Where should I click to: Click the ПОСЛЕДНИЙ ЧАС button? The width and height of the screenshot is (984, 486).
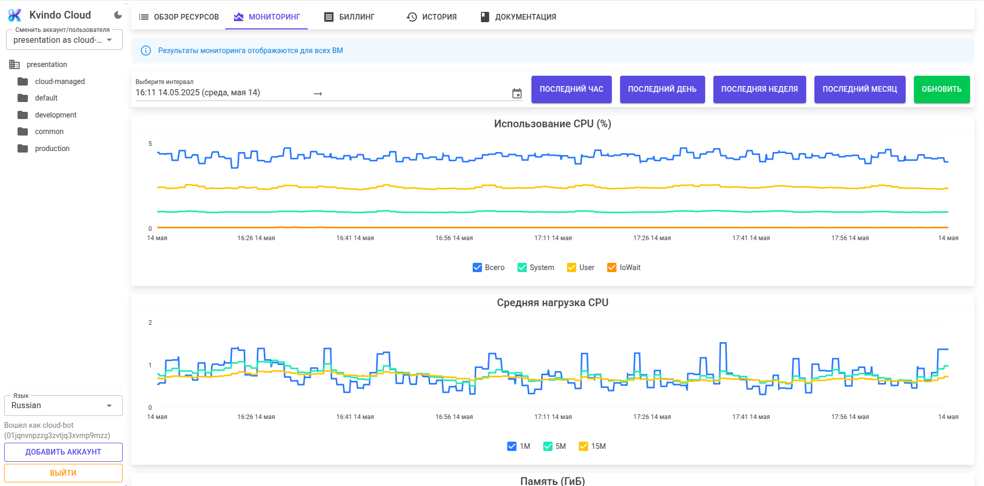point(571,89)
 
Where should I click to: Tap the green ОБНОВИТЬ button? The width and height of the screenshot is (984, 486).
point(941,89)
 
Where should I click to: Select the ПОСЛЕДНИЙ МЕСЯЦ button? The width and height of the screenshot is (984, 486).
point(859,89)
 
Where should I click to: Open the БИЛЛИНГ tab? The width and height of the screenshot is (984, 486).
point(349,17)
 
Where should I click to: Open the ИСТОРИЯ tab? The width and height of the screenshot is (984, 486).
point(432,17)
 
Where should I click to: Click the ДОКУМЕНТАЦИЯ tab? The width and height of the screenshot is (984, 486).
point(519,17)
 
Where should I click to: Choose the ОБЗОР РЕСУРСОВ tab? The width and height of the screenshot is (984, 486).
point(179,17)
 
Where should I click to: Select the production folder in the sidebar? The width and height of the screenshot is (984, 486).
point(52,148)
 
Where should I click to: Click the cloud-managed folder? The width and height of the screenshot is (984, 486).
point(59,81)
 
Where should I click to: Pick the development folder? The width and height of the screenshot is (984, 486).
point(55,115)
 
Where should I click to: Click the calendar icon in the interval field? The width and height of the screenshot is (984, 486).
point(517,93)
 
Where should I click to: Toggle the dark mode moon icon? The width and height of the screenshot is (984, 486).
point(118,15)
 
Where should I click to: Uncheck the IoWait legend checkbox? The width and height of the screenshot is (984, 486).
point(612,267)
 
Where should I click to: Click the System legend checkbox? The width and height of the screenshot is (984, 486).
point(522,267)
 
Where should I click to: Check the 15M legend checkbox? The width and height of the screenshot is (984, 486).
point(583,446)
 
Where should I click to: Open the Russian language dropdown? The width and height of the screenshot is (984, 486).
point(63,406)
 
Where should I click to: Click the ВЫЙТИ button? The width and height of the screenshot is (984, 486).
point(63,473)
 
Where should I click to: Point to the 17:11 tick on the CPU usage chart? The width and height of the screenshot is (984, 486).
point(553,238)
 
